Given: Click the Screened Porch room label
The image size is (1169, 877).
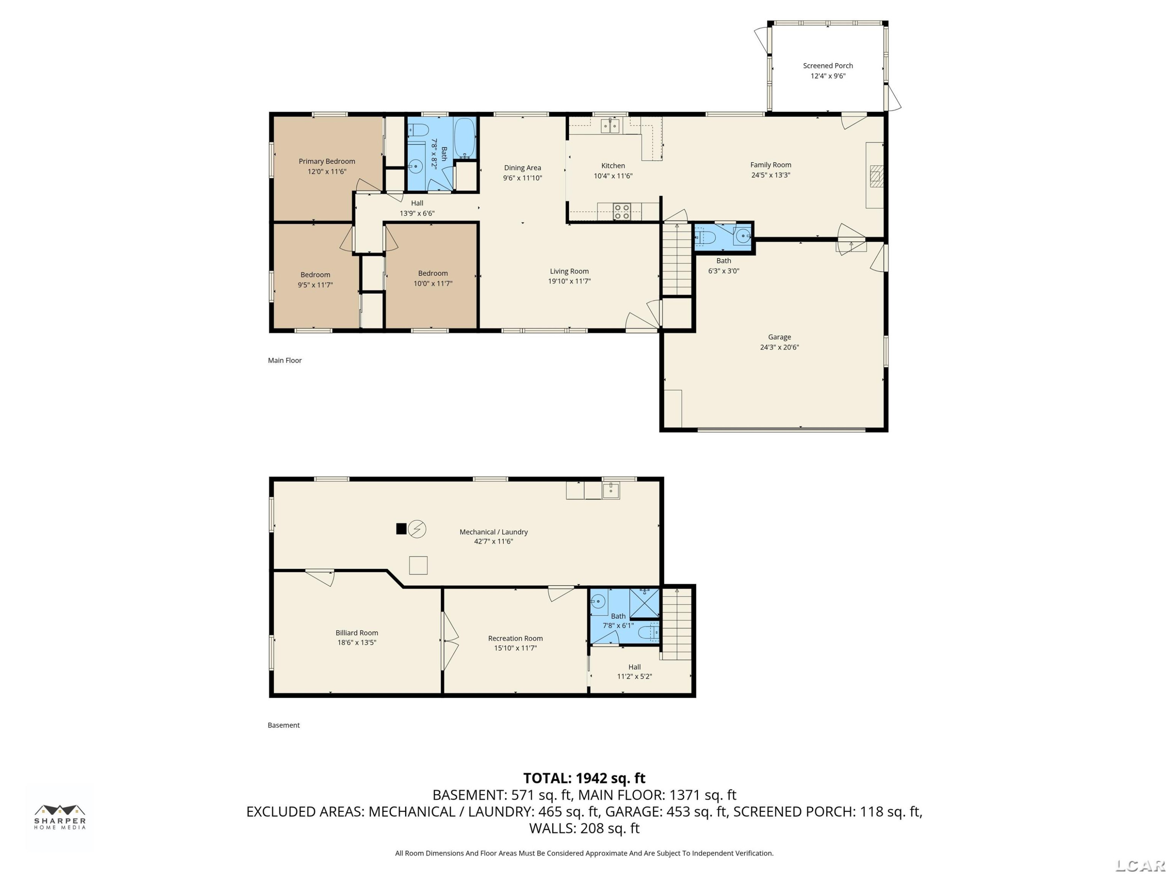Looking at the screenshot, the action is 828,65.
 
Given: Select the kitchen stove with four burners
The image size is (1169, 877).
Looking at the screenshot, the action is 622,211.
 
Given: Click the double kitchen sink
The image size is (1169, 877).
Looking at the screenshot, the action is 610,126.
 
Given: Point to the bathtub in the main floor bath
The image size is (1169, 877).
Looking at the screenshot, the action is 464,138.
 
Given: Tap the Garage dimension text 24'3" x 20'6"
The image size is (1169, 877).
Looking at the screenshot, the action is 779,347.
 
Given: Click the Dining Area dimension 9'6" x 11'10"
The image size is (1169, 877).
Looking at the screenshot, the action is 522,178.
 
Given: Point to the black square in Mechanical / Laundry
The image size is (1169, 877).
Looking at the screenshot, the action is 401,529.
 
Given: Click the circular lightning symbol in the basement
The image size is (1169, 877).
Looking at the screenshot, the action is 417,529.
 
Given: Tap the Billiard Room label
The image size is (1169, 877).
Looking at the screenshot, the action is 357,633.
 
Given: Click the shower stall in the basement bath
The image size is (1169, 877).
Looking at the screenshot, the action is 644,603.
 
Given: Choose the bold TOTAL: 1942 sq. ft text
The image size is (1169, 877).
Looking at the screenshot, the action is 584,778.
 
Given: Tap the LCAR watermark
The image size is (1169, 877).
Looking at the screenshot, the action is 1140,865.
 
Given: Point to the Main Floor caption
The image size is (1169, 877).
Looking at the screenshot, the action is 284,361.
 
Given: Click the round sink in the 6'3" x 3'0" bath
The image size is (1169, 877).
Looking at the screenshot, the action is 743,236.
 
